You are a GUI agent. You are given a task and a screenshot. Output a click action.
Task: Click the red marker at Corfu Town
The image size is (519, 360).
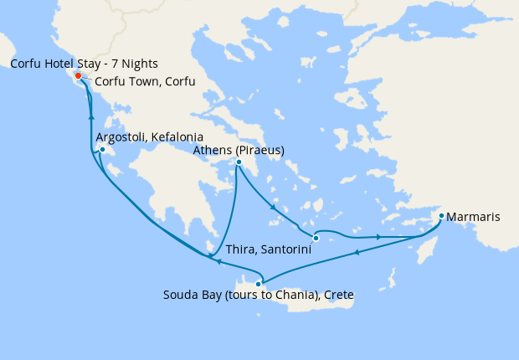click(78, 75)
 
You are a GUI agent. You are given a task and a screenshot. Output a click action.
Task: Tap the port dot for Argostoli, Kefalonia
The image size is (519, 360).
click(101, 150)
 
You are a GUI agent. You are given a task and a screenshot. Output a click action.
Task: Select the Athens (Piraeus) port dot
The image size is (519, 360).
click(239, 162)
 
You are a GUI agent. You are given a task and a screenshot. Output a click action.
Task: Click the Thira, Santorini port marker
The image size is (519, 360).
click(316, 238)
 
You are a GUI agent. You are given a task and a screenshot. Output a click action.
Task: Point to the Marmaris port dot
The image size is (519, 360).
click(441, 217)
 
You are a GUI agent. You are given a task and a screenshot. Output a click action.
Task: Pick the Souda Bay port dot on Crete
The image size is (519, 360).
click(258, 284)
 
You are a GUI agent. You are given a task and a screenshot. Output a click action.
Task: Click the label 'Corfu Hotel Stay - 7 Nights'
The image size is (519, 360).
click(85, 64)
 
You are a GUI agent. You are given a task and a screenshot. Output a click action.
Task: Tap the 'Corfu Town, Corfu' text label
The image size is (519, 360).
click(145, 82)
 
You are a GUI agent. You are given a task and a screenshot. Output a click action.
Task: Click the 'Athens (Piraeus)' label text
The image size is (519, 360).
click(239, 150)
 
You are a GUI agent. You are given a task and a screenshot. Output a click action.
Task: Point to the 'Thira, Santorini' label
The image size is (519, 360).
click(266, 250)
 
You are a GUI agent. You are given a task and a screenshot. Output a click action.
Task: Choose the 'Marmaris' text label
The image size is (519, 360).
click(474, 218)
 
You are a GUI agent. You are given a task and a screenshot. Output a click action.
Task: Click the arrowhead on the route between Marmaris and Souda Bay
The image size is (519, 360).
click(357, 252)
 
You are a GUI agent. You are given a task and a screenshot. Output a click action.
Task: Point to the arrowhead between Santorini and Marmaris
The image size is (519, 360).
click(379, 237)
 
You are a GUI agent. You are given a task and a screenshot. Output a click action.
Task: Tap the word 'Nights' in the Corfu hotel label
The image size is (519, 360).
click(139, 64)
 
